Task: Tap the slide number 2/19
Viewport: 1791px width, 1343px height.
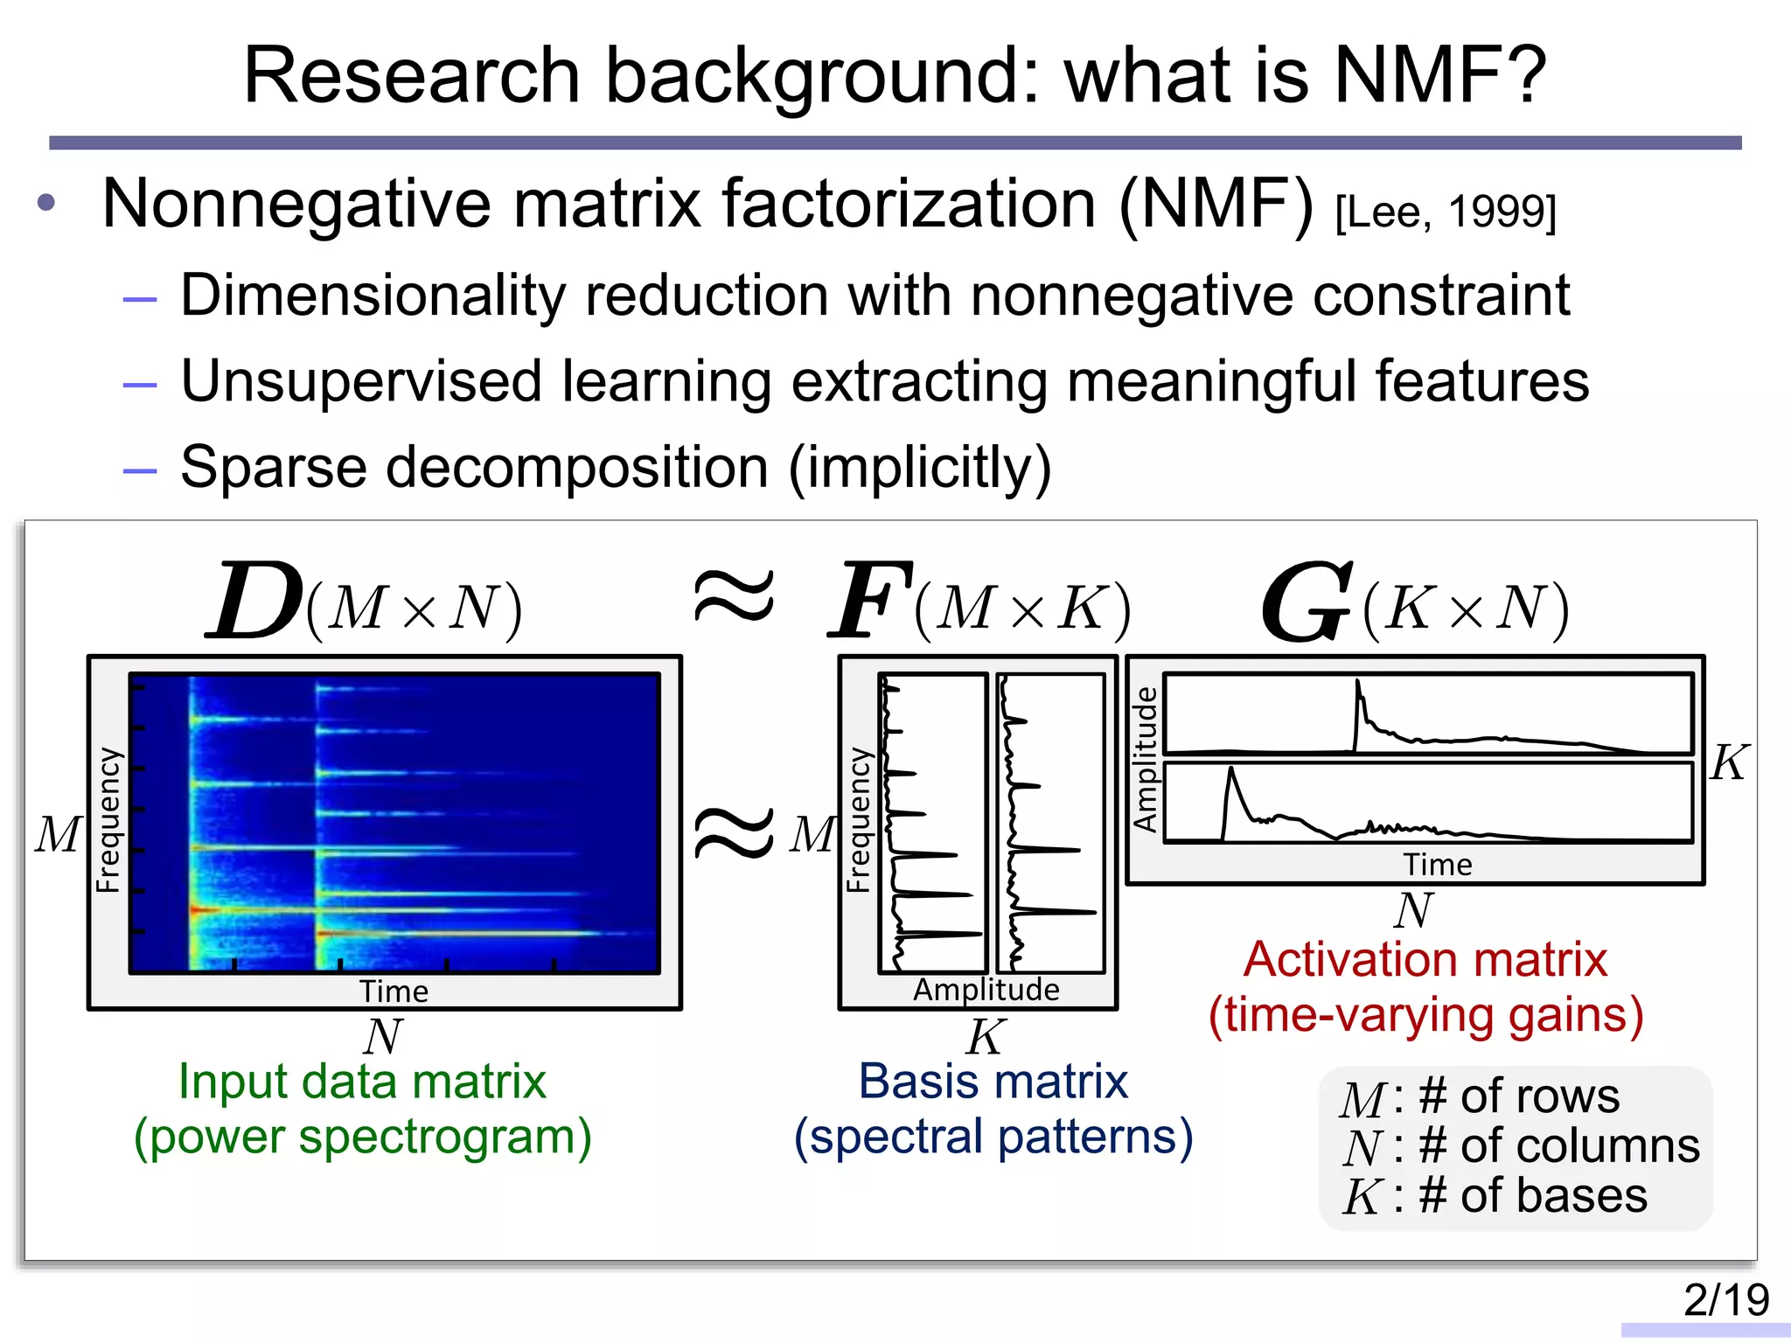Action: point(1725,1299)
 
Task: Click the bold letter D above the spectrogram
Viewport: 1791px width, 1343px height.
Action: point(255,602)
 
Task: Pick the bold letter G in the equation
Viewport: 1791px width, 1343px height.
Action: point(1306,603)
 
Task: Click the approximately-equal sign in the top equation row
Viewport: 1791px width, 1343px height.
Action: point(733,596)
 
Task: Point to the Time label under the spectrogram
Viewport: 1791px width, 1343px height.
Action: point(394,992)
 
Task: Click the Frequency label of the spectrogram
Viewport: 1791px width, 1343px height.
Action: point(108,820)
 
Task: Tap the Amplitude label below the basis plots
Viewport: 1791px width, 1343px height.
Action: point(986,990)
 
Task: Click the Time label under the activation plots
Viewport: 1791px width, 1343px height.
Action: point(1438,865)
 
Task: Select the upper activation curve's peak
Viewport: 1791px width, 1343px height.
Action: point(1358,683)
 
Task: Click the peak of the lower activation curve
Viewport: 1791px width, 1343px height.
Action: point(1231,769)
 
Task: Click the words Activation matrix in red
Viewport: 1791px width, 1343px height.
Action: point(1425,960)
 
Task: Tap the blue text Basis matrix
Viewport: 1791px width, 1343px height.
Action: point(993,1082)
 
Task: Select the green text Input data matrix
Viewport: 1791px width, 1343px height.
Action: point(362,1082)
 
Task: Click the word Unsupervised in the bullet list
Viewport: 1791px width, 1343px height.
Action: point(361,381)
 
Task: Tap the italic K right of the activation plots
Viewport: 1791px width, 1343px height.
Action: point(1729,762)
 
